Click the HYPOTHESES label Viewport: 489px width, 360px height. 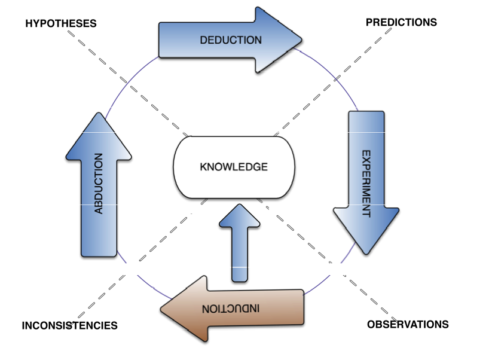(x=60, y=23)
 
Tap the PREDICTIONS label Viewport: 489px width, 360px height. (x=401, y=23)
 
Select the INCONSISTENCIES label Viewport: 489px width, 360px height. (x=69, y=326)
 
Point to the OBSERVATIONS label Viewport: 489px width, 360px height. (x=407, y=325)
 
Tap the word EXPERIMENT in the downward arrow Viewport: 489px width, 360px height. (x=366, y=183)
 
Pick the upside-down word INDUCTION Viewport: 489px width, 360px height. (x=231, y=309)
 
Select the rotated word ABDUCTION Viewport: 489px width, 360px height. (x=99, y=184)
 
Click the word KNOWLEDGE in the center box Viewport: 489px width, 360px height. (x=234, y=167)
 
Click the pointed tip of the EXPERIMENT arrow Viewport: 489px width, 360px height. (x=365, y=255)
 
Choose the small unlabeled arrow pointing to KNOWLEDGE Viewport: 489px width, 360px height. (x=240, y=242)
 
